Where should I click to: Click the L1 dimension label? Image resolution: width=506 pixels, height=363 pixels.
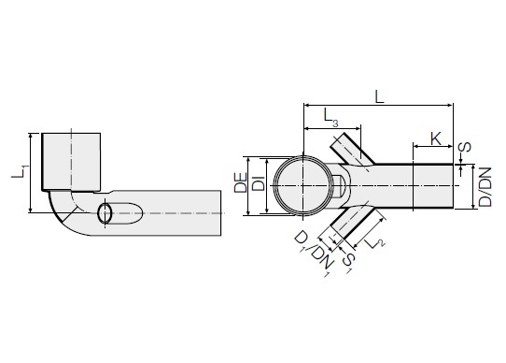[20, 171]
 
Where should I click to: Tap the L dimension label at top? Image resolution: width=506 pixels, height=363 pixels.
[379, 96]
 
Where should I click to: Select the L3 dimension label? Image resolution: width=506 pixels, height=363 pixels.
[331, 117]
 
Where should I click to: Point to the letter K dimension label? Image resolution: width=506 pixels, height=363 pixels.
[436, 138]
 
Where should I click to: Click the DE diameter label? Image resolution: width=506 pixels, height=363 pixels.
[241, 182]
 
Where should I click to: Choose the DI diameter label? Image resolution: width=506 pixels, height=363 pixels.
[259, 183]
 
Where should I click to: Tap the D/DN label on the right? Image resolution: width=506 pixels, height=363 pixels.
[485, 187]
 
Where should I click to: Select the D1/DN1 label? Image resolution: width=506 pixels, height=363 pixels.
[312, 254]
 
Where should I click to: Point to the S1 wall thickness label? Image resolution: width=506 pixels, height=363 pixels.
[348, 262]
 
